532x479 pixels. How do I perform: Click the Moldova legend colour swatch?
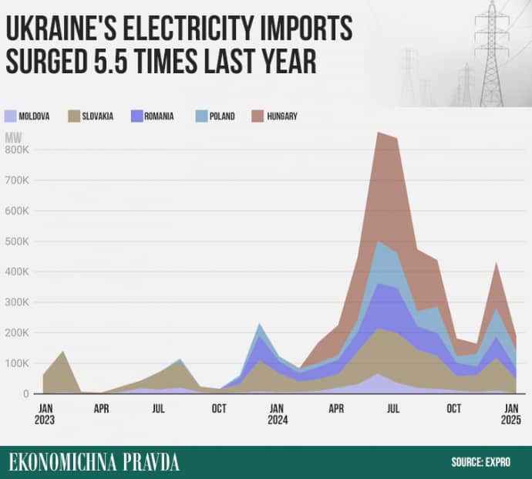coord(12,116)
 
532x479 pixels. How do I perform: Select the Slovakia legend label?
coord(98,116)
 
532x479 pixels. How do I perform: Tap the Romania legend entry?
coord(158,116)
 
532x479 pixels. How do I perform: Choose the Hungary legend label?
coord(282,116)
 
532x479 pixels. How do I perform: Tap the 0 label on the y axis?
coord(25,394)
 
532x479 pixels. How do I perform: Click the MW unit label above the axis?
coord(13,137)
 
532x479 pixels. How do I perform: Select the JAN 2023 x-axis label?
coord(45,414)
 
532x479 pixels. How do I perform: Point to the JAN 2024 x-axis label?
coord(278,414)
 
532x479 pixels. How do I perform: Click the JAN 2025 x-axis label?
coord(510,414)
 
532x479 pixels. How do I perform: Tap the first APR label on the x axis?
coord(102,408)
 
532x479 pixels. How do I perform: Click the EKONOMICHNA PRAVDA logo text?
coord(94,462)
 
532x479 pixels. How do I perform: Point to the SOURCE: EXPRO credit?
coord(483,462)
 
